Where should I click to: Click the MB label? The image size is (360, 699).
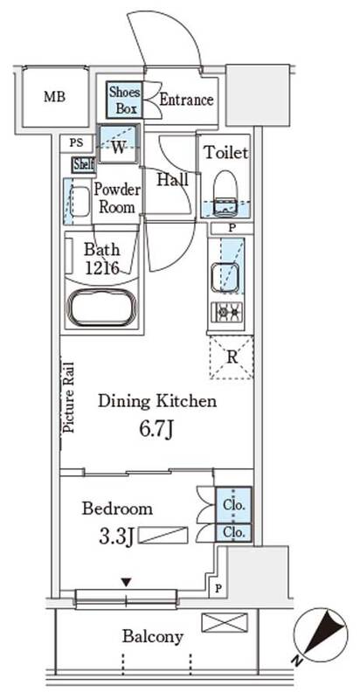(54, 97)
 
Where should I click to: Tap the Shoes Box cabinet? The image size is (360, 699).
(124, 100)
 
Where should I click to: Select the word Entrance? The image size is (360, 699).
(186, 100)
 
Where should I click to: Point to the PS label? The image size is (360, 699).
(76, 144)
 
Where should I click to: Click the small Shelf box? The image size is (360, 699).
(84, 165)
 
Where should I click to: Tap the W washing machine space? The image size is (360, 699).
(119, 144)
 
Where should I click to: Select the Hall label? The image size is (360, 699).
(173, 180)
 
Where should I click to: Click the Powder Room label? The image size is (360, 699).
(117, 198)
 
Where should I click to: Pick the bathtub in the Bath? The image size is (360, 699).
(101, 308)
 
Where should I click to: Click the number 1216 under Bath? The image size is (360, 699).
(101, 268)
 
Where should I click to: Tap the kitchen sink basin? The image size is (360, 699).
(225, 277)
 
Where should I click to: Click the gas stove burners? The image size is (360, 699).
(226, 313)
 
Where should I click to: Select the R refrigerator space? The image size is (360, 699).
(232, 357)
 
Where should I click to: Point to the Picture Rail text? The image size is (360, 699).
(69, 398)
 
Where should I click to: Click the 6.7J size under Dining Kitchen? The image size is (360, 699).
(156, 430)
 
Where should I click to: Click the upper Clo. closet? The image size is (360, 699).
(233, 505)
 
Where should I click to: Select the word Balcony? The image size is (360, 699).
(153, 637)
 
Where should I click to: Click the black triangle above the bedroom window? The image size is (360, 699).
(127, 582)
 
